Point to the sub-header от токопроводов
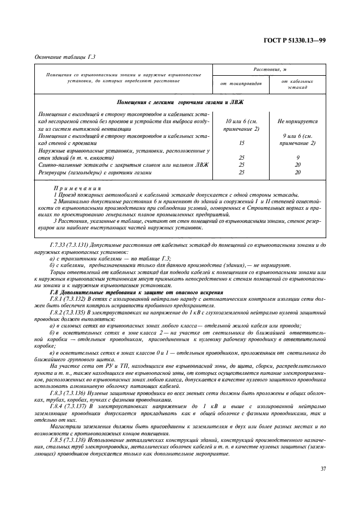point(241,84)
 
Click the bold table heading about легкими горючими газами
point(180,102)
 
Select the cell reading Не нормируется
point(297,122)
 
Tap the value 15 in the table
point(241,143)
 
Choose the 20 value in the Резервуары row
point(297,172)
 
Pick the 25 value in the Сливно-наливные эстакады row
point(241,165)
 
